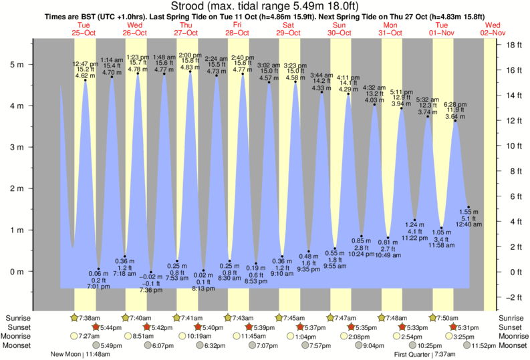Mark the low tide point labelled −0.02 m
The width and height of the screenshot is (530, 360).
coord(151,272)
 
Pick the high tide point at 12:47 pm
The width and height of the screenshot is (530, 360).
coord(86,80)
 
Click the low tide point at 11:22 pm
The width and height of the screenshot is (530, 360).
coord(415,220)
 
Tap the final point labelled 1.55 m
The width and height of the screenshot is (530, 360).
coord(469,207)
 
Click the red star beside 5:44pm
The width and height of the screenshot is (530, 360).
coord(95,327)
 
